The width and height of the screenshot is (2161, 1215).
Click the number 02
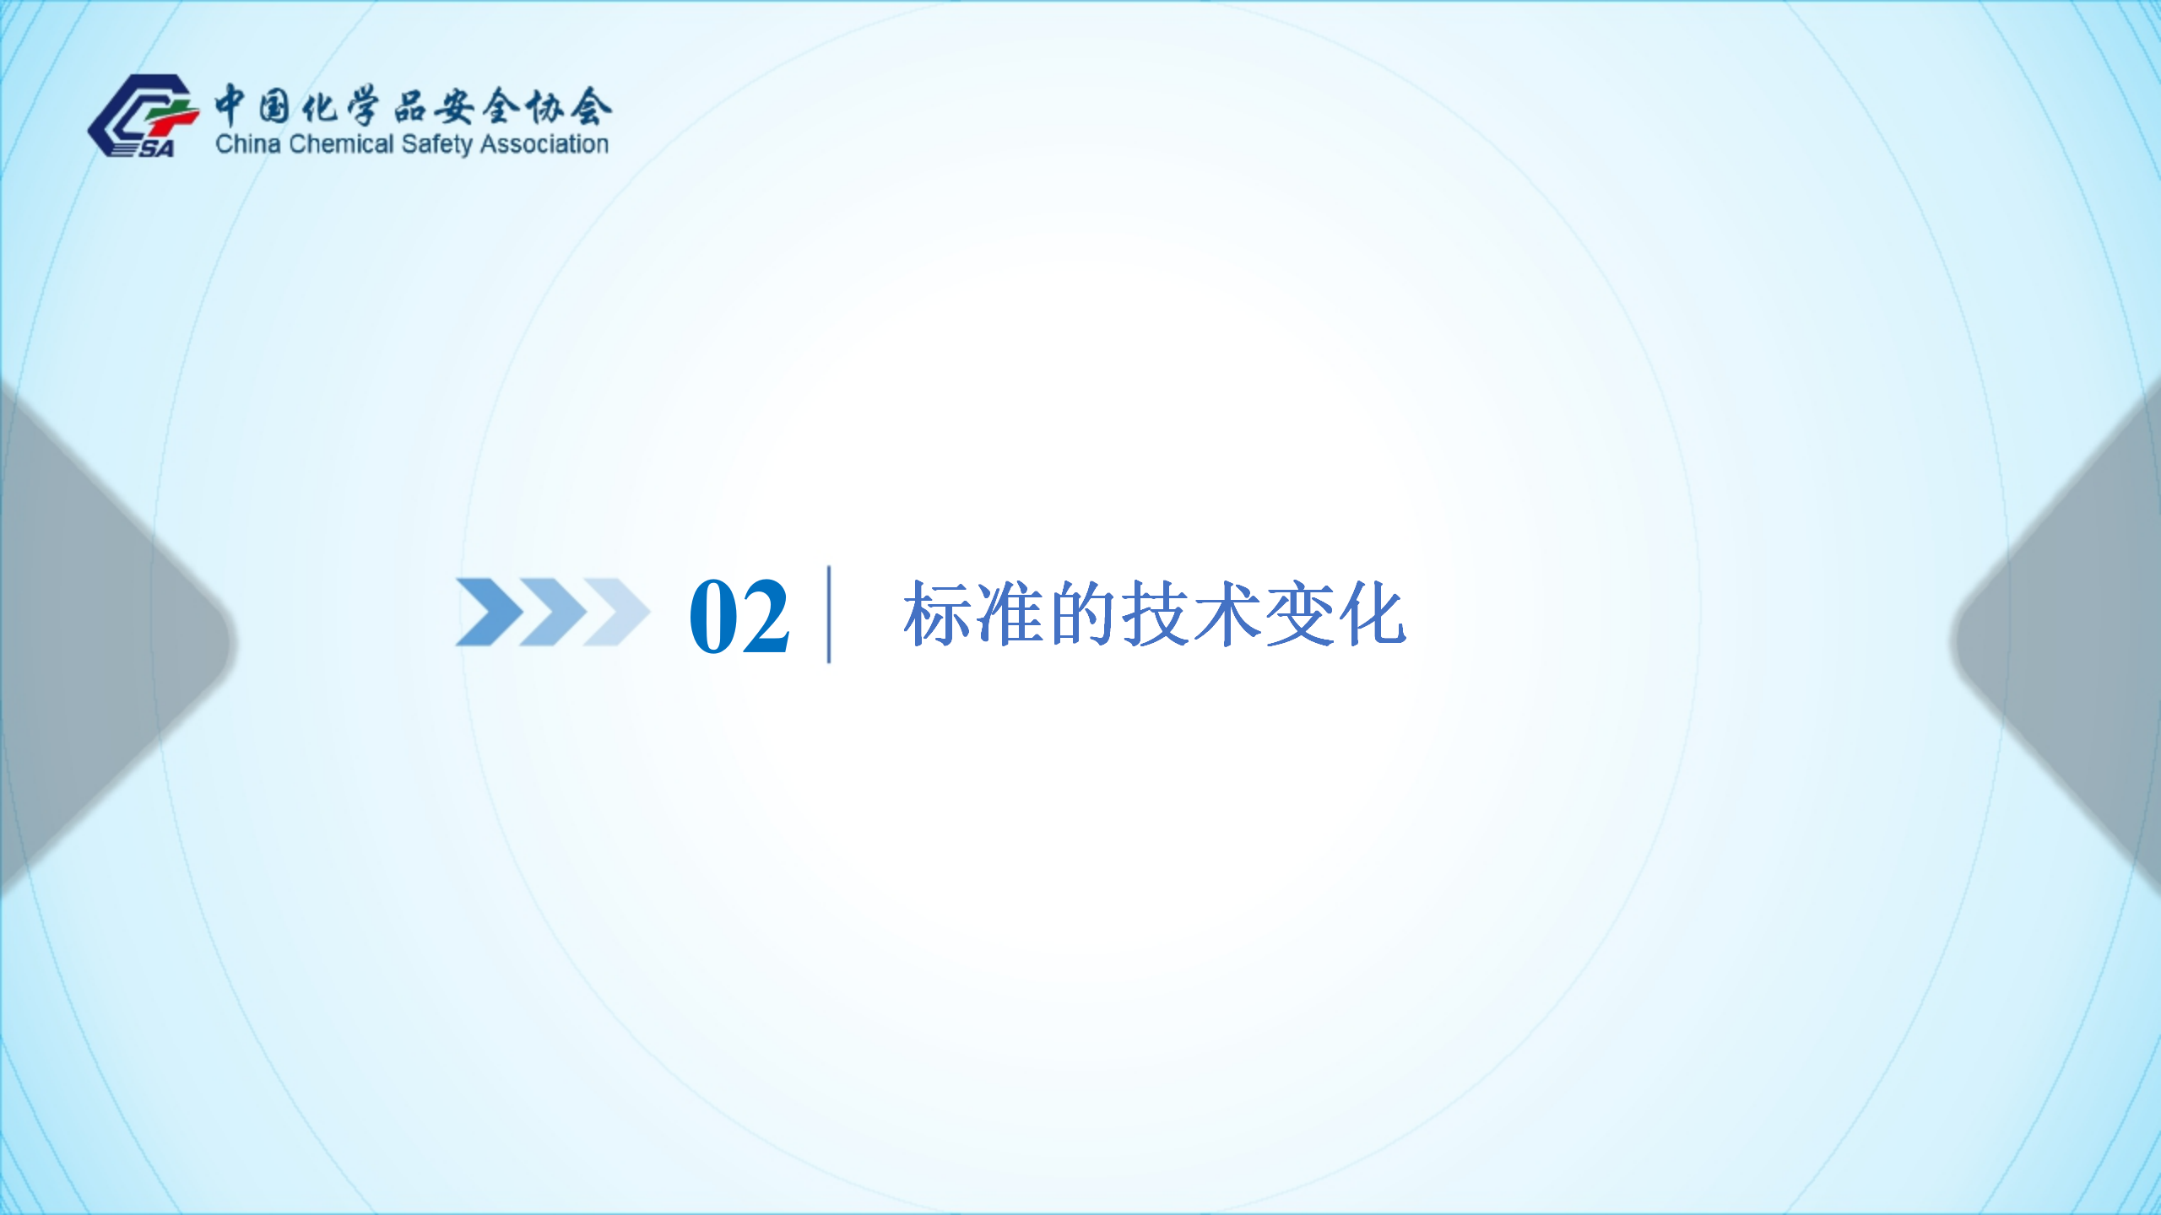tap(739, 616)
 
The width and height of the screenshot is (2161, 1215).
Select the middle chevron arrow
tap(553, 612)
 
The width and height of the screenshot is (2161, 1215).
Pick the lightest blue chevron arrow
tap(616, 612)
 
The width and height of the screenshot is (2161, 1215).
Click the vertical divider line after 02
tap(829, 614)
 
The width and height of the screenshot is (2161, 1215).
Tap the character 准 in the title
tap(1010, 613)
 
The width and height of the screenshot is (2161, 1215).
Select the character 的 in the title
tap(1082, 613)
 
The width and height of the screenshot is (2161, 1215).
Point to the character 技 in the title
tap(1155, 613)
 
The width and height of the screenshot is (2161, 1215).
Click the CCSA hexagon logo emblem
tap(144, 116)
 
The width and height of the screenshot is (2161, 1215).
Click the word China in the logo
tap(247, 144)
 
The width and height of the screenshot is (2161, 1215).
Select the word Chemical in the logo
tap(341, 144)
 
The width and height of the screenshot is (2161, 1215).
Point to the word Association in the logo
tap(544, 144)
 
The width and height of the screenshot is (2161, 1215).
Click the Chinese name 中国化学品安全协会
tap(413, 105)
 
